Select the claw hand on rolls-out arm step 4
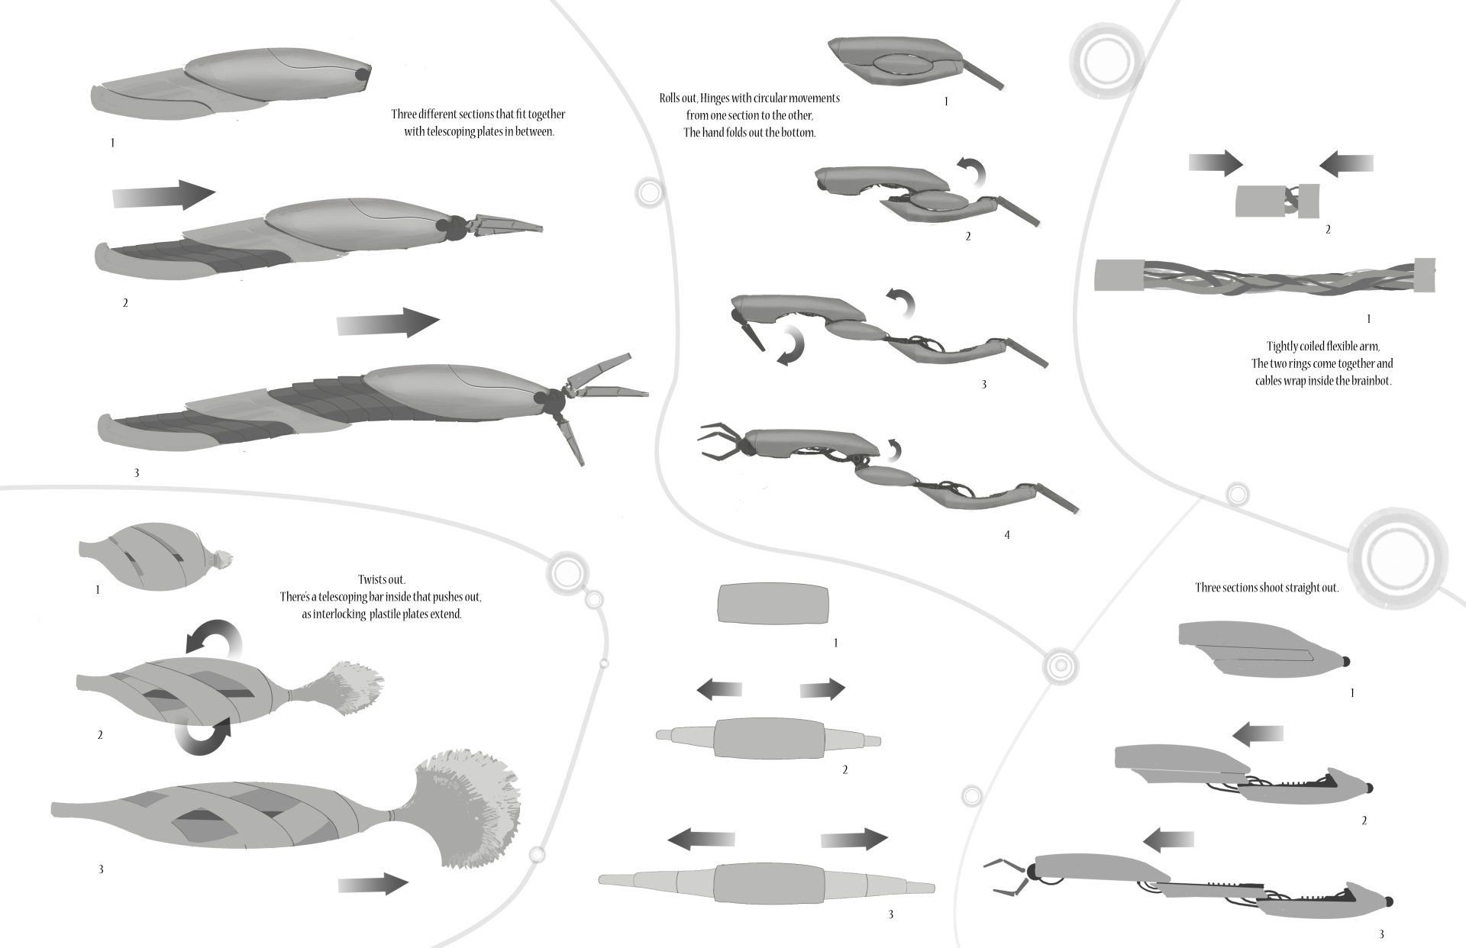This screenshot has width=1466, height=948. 720,441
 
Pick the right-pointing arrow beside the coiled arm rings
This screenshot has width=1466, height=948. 1216,163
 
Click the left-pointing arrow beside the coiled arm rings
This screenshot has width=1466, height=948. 1346,163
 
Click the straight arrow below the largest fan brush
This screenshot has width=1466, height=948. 373,884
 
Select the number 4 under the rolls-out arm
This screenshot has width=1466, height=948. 1006,535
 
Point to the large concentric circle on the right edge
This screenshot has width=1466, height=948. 1397,559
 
